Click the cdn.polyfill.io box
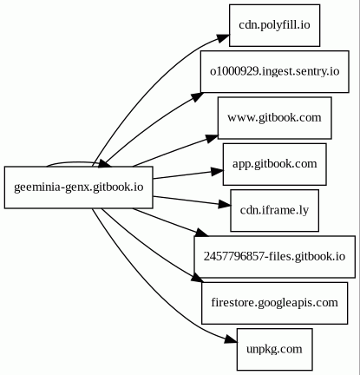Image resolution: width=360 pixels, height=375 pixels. click(274, 25)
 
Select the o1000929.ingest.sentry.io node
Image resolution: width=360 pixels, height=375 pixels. click(274, 71)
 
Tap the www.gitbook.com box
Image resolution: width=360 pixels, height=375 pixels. click(274, 118)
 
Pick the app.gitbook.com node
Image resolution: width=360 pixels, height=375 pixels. click(274, 164)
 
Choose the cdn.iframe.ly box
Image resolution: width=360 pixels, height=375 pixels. click(274, 210)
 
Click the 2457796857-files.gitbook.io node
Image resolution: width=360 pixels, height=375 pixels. click(274, 257)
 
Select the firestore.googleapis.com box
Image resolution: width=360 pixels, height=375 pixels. click(274, 303)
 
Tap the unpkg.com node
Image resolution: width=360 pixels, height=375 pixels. click(274, 349)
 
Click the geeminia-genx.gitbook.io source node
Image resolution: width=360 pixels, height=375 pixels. click(78, 187)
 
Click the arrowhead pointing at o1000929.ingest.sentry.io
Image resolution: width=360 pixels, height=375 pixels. click(197, 96)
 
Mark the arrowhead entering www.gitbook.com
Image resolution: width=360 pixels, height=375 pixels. click(212, 138)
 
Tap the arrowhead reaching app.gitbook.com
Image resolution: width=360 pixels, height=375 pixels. click(217, 172)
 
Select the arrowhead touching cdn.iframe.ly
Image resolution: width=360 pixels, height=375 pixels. click(225, 205)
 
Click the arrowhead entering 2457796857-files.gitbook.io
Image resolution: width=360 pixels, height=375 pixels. click(202, 233)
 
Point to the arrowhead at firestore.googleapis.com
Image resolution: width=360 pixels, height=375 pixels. click(197, 279)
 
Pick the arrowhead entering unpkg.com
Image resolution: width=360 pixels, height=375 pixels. click(231, 340)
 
